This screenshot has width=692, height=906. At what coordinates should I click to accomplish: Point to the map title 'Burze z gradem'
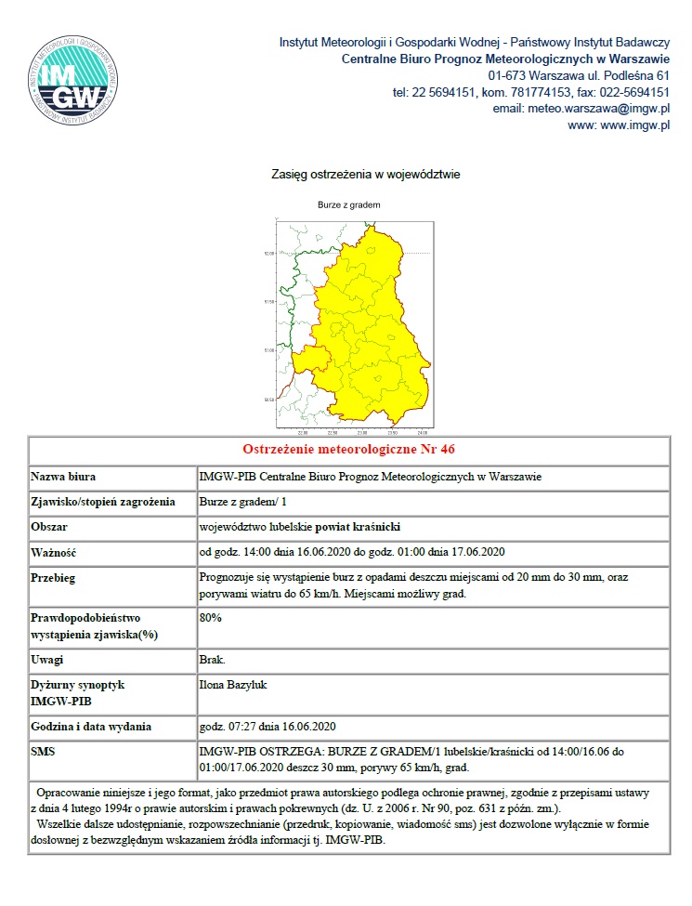click(349, 204)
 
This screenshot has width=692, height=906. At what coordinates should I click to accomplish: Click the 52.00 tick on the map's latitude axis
click(269, 253)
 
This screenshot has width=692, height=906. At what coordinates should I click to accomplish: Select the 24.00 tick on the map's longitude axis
click(423, 432)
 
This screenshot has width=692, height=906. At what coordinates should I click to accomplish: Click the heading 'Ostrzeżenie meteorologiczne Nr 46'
click(348, 449)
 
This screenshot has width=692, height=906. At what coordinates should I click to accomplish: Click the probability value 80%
click(211, 617)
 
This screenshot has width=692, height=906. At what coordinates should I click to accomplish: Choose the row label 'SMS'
click(45, 750)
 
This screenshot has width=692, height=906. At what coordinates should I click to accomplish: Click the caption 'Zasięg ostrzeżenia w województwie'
click(365, 174)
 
